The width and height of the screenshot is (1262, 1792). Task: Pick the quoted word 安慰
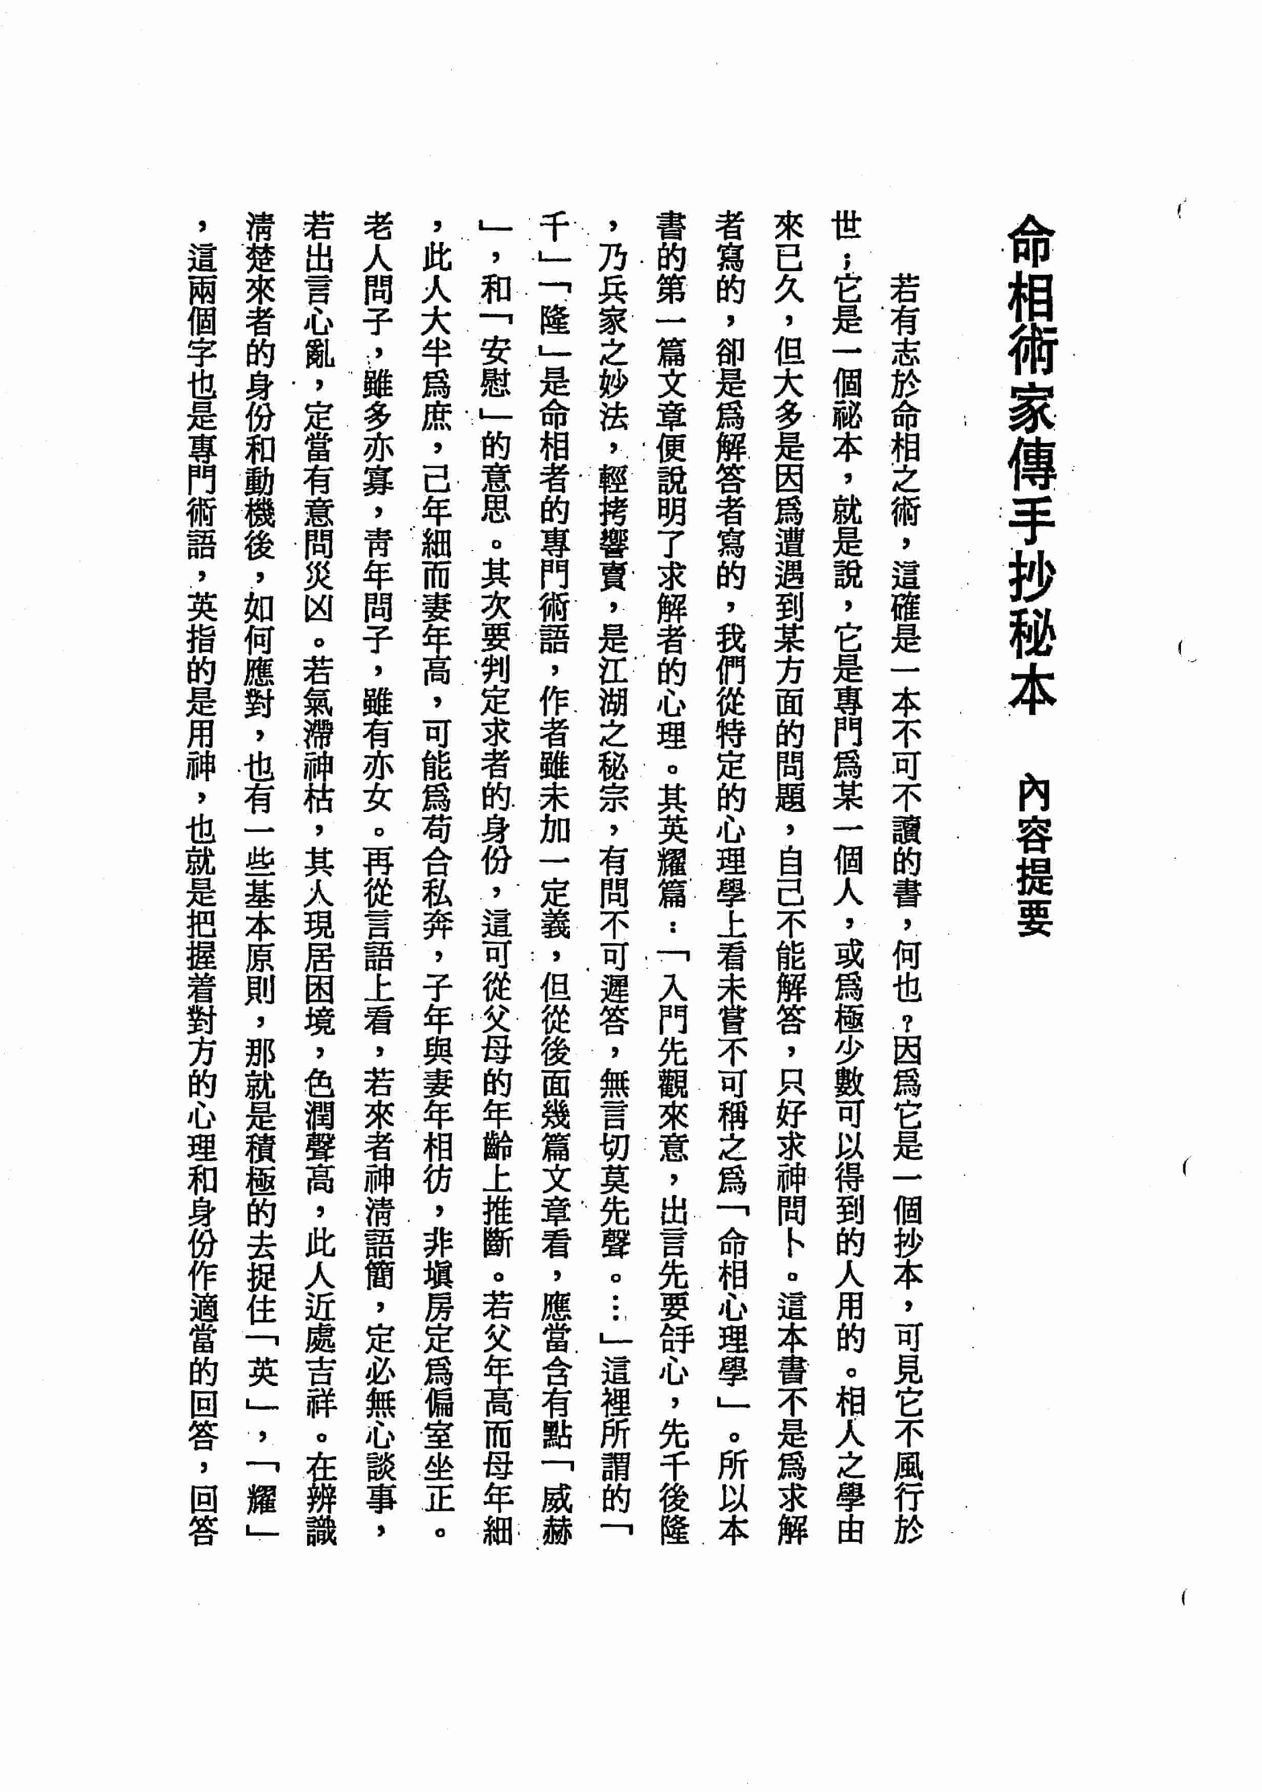click(x=496, y=367)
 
